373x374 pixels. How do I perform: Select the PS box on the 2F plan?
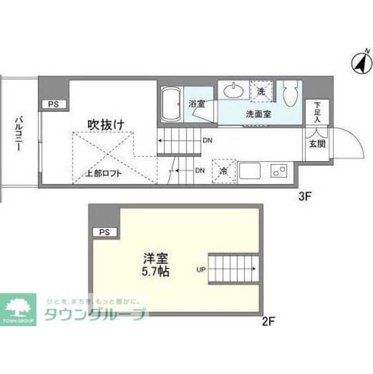[x=104, y=232]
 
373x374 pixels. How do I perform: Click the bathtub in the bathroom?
[x=171, y=105]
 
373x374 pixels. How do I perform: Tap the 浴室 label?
[x=196, y=104]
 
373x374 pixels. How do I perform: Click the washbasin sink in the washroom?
[x=234, y=91]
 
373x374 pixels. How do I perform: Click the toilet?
[x=290, y=93]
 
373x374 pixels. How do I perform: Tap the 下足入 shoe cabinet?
[x=318, y=113]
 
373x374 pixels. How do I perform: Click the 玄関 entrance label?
[x=318, y=144]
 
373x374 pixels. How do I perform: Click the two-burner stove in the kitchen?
[x=279, y=171]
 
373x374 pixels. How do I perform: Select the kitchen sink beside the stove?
[x=249, y=171]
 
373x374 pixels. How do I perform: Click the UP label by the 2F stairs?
[x=199, y=270]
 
